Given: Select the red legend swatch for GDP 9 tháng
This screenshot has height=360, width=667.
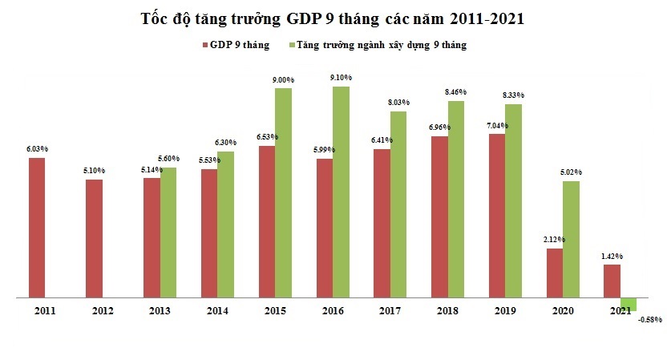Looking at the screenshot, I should tap(204, 45).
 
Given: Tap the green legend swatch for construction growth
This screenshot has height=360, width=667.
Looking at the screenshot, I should tap(292, 45).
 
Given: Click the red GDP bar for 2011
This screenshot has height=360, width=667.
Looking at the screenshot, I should tap(37, 228).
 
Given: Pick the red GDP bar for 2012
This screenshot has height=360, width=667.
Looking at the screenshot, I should tap(95, 238).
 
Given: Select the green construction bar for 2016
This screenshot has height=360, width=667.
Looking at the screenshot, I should tap(341, 192).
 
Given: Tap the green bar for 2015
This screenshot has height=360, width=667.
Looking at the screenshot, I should tap(283, 192).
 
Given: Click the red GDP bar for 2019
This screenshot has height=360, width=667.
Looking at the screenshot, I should tap(497, 216).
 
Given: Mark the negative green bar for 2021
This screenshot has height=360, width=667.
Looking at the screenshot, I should tap(629, 304).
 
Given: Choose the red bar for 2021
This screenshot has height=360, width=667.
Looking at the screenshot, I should tap(612, 281).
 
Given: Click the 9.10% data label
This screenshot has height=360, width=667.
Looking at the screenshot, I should tap(341, 78).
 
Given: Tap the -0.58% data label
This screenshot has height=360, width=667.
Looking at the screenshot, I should tap(650, 320).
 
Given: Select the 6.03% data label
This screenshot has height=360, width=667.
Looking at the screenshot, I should tap(37, 149).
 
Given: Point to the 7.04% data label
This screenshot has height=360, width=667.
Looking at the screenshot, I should tap(497, 126).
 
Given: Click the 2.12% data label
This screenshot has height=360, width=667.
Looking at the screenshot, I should tap(554, 240).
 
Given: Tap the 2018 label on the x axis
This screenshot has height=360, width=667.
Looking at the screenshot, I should tap(447, 309).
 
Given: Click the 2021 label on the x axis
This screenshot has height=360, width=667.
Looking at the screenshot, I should tap(619, 309).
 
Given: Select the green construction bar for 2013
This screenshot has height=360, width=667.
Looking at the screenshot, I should tap(168, 233).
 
